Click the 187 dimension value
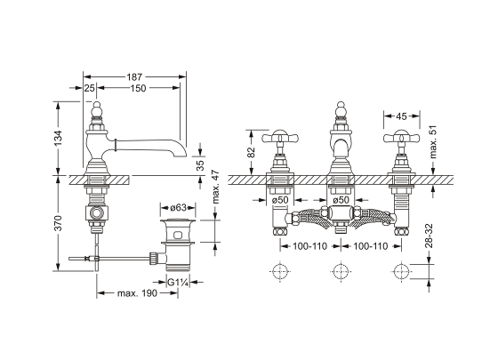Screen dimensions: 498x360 point(134,77)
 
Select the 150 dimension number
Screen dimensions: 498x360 point(138,88)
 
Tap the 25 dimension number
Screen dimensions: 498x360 point(90,88)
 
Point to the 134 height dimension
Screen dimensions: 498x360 point(58,139)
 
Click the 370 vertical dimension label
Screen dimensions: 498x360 point(58,223)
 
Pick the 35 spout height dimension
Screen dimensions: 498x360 point(200,165)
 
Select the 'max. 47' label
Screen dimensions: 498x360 point(216,187)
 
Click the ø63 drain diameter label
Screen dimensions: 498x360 point(178,208)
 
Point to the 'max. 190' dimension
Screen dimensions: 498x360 point(137,293)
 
